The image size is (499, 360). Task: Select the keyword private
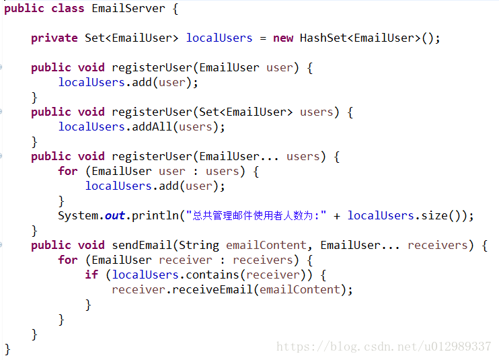[x=54, y=38]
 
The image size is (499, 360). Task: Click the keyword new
[x=283, y=38]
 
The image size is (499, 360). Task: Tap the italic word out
[x=115, y=215]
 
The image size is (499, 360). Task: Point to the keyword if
[x=91, y=275]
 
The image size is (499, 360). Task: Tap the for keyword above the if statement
[x=68, y=260]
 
